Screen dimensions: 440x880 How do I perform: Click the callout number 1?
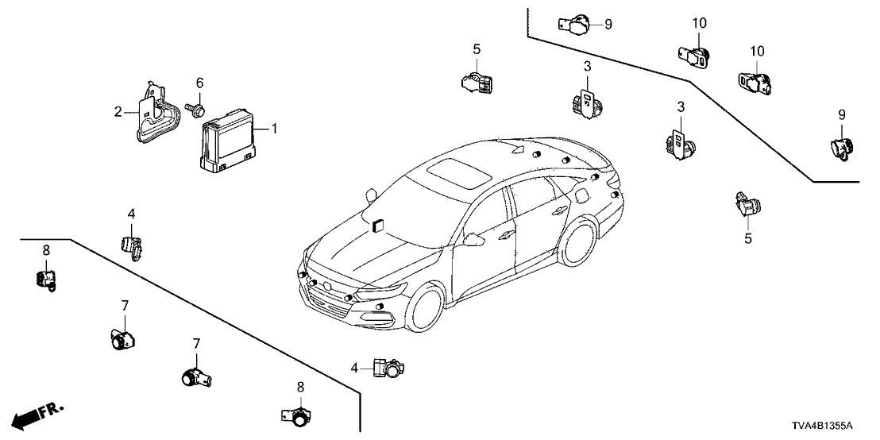coord(275,128)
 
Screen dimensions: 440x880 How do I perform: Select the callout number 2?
coord(118,112)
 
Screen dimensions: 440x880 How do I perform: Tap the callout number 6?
coord(199,83)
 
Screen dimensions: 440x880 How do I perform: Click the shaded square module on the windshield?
coord(376,224)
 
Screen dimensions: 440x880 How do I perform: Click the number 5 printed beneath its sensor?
coord(747,237)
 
